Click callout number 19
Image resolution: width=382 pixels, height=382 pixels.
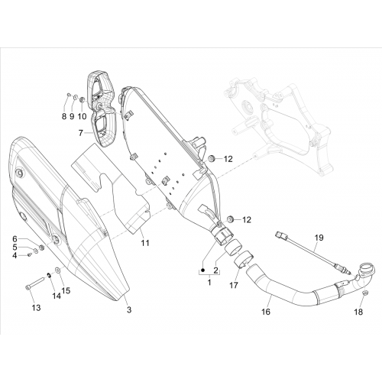pos(319,238)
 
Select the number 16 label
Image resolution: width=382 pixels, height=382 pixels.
pos(266,312)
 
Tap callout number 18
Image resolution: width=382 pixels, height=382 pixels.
pos(358,312)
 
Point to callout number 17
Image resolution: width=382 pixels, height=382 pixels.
pos(234,285)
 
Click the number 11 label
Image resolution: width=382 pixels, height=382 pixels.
pos(145,243)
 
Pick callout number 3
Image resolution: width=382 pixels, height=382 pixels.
pos(129,310)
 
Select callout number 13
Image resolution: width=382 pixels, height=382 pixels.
pos(36,308)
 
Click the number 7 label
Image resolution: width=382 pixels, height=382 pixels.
pos(81,133)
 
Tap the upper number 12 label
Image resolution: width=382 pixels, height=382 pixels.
pos(228,159)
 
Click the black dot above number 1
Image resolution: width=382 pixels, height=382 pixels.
pos(203,270)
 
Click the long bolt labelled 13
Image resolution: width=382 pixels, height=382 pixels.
pos(35,284)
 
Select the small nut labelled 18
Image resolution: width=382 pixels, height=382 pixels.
pos(364,293)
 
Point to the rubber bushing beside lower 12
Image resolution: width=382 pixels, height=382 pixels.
pos(231,219)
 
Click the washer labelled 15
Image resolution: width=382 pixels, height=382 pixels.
pos(57,270)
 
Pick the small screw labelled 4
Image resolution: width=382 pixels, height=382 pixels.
pos(30,254)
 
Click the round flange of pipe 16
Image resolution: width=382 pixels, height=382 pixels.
pos(366,270)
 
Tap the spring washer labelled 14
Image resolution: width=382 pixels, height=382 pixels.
pos(48,274)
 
